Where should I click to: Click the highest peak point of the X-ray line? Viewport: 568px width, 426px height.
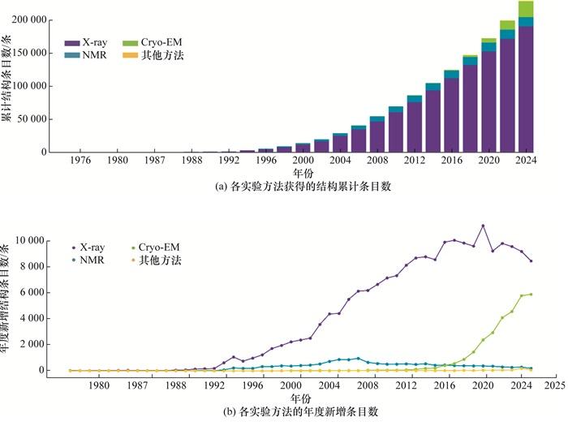483,226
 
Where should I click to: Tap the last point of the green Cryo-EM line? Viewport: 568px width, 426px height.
531,295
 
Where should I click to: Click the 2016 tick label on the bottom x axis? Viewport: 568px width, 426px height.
445,385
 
